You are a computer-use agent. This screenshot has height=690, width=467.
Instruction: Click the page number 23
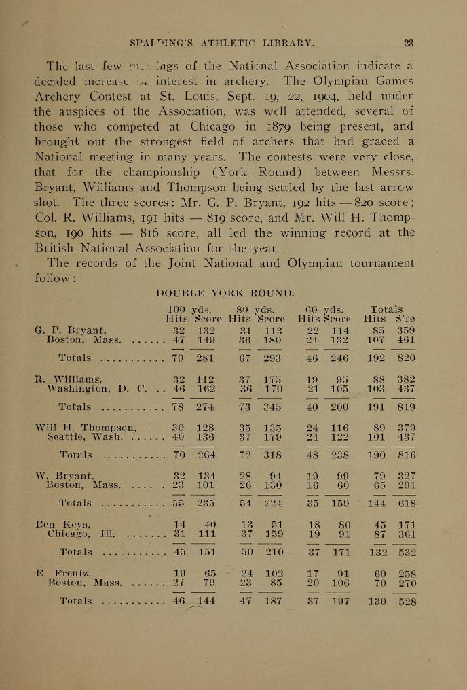click(408, 42)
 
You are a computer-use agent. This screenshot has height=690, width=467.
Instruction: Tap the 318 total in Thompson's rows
click(272, 455)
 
